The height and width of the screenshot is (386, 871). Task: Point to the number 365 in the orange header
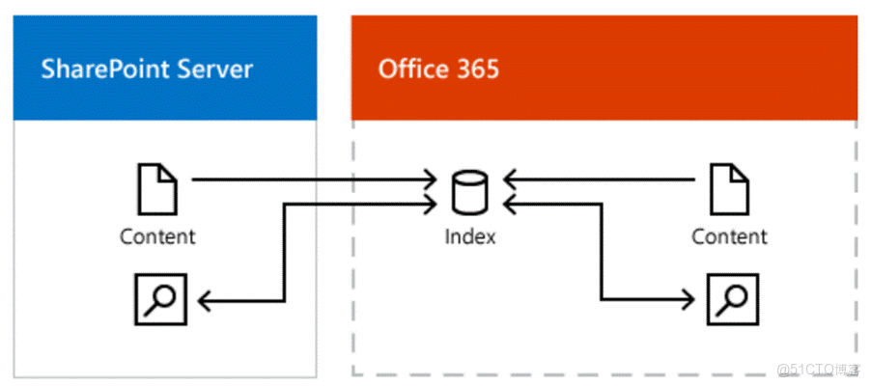479,69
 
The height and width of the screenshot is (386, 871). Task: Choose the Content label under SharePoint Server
157,236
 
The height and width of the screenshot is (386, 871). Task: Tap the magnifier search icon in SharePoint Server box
158,299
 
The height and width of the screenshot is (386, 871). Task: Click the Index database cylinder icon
470,191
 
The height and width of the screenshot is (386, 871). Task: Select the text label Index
470,236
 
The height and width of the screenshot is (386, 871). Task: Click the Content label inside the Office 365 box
729,236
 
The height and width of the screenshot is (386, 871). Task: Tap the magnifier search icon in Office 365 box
730,299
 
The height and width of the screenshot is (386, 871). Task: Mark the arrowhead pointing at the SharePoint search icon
205,300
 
